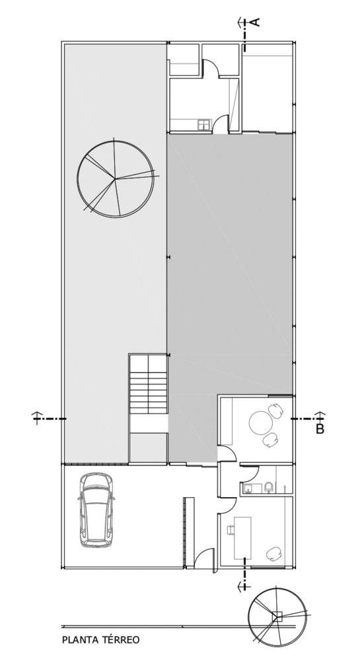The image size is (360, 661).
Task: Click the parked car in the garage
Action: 96,510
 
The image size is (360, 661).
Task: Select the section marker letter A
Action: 256,22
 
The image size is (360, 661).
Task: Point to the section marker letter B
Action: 320,429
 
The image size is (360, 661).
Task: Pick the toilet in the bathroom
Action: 269,488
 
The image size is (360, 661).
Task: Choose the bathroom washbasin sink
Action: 248,489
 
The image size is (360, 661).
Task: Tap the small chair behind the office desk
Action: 230,529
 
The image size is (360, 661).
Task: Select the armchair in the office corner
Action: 275,553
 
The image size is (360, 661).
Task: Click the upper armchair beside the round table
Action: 276,410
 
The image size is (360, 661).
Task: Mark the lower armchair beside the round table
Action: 271,440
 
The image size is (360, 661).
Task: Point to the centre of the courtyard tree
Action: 115,178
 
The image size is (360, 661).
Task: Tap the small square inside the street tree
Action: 277,617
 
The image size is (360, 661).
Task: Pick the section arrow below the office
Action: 243,585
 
